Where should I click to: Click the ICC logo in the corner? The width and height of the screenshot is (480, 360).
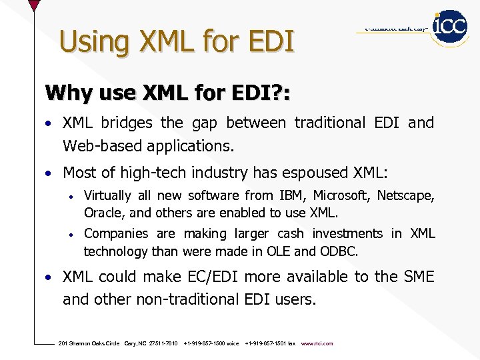(450, 27)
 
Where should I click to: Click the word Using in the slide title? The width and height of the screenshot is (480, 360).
(85, 42)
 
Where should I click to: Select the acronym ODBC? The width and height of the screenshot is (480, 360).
(339, 251)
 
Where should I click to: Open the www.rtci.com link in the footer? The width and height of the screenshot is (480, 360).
(317, 344)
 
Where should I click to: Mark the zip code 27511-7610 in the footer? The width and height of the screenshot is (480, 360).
(163, 344)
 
